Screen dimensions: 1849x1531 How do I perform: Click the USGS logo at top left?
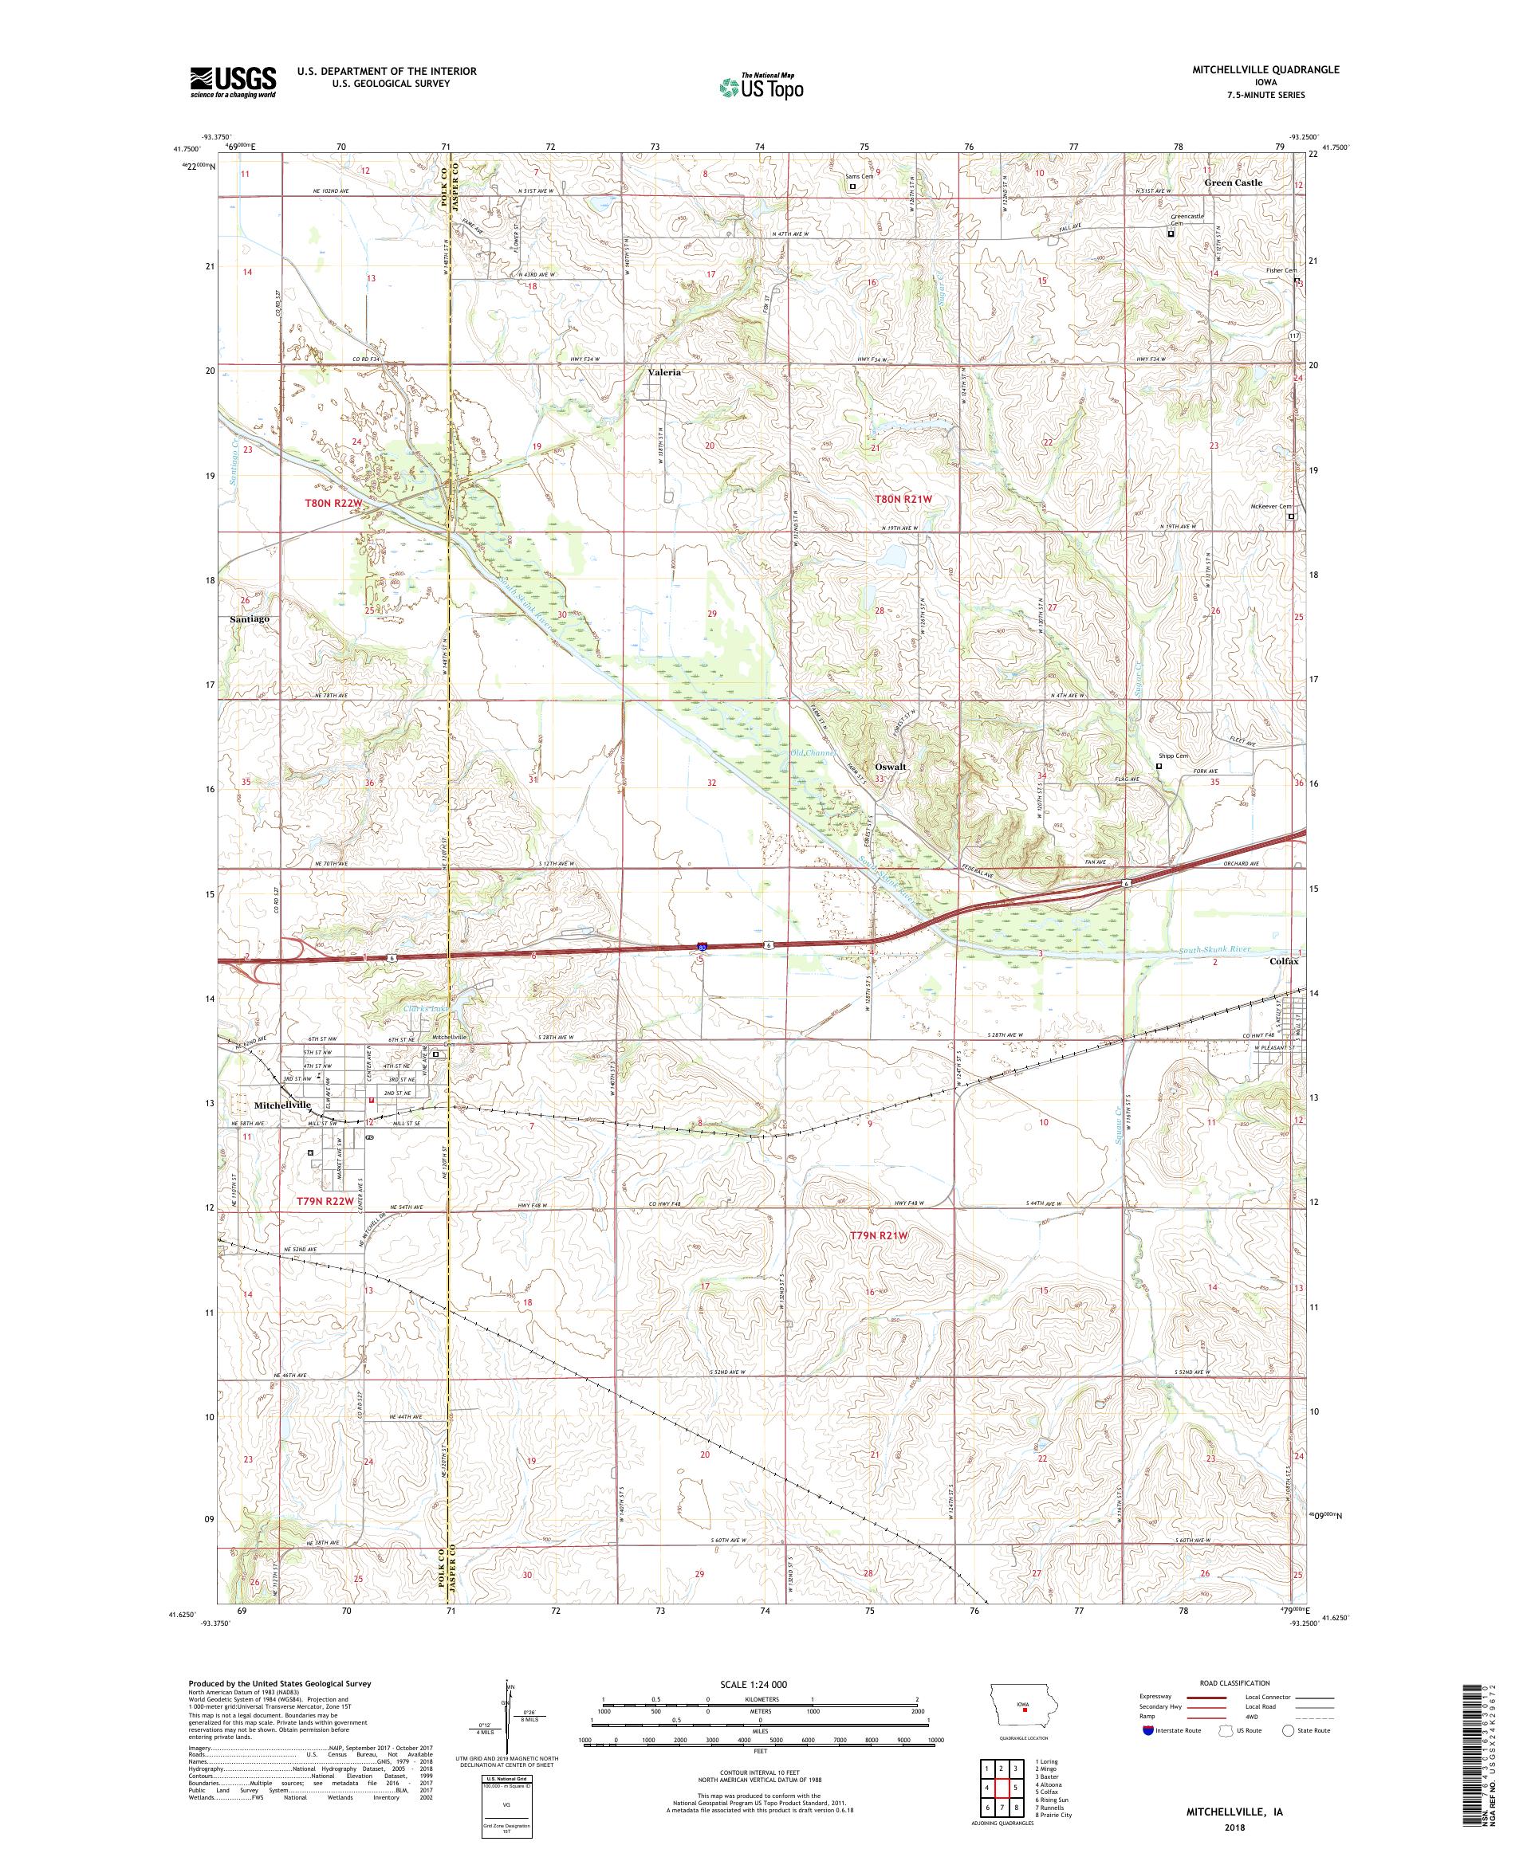pyautogui.click(x=234, y=82)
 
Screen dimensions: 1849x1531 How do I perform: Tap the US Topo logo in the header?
pyautogui.click(x=761, y=86)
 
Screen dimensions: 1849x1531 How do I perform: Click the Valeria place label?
pyautogui.click(x=664, y=372)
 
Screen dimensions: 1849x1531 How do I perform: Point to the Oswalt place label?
pyautogui.click(x=891, y=767)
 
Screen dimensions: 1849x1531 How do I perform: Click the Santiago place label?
pyautogui.click(x=250, y=619)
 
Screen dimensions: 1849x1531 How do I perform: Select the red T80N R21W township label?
pyautogui.click(x=902, y=499)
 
